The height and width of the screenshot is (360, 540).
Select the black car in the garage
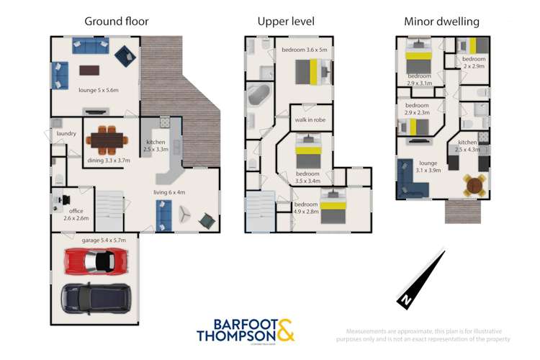tap(96, 295)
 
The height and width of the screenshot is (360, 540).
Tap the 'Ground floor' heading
tap(117, 21)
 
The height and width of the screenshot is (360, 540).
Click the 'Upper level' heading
tap(286, 21)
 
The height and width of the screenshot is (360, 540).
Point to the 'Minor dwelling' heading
tap(442, 21)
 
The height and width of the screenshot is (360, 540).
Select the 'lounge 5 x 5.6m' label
tap(98, 90)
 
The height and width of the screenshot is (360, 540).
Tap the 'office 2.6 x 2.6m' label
tap(76, 214)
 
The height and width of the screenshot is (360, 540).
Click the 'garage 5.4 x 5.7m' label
tap(104, 240)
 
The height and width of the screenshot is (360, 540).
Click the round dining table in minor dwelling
tap(474, 186)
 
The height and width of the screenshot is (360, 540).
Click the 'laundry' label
tap(66, 133)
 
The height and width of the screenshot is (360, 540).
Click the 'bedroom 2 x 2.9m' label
tap(474, 62)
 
